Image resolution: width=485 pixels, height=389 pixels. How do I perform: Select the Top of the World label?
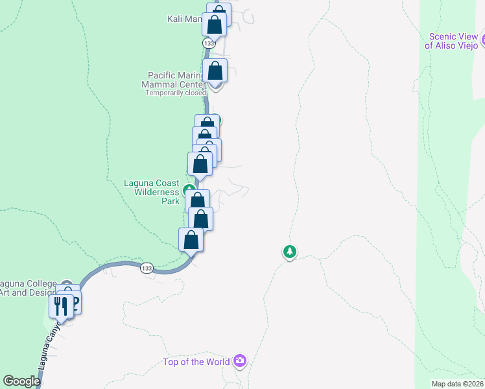(197, 362)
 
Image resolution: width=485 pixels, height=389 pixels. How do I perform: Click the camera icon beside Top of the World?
(241, 360)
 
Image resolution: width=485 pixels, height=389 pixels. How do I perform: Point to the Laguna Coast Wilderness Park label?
(152, 192)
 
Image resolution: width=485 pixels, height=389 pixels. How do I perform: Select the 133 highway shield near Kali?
(208, 43)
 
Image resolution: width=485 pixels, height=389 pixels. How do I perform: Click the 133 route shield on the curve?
(147, 268)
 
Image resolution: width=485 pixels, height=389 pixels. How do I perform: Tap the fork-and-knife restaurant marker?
(61, 305)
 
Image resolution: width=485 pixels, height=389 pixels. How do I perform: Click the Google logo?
(21, 381)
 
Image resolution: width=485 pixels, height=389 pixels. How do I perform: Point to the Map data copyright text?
(458, 384)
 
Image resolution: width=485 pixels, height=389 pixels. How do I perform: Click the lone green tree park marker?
(290, 251)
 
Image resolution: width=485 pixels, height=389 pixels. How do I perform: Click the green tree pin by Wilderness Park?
(189, 191)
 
